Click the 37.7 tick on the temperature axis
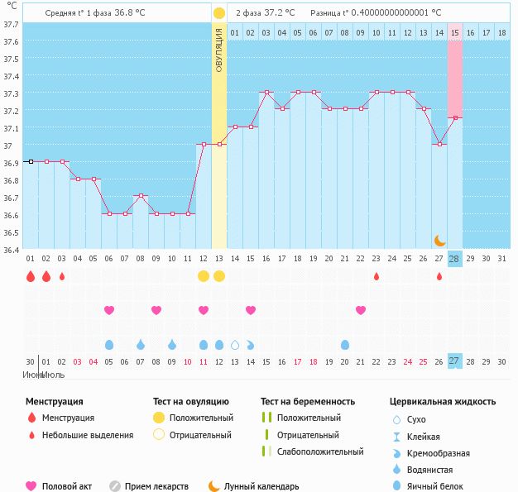[12, 25]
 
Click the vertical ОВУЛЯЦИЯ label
[219, 50]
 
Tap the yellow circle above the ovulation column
[218, 13]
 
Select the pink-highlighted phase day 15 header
[455, 32]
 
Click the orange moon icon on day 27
[440, 240]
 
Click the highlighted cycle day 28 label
[454, 259]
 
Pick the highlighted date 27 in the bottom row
[454, 361]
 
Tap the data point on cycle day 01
[31, 161]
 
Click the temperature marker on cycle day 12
[204, 144]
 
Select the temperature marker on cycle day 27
[439, 144]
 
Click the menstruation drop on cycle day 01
[31, 276]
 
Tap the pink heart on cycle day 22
[361, 310]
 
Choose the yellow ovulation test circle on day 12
[204, 276]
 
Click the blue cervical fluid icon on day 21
[345, 344]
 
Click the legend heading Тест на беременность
[308, 402]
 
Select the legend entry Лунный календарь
[261, 486]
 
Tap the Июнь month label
[34, 375]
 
